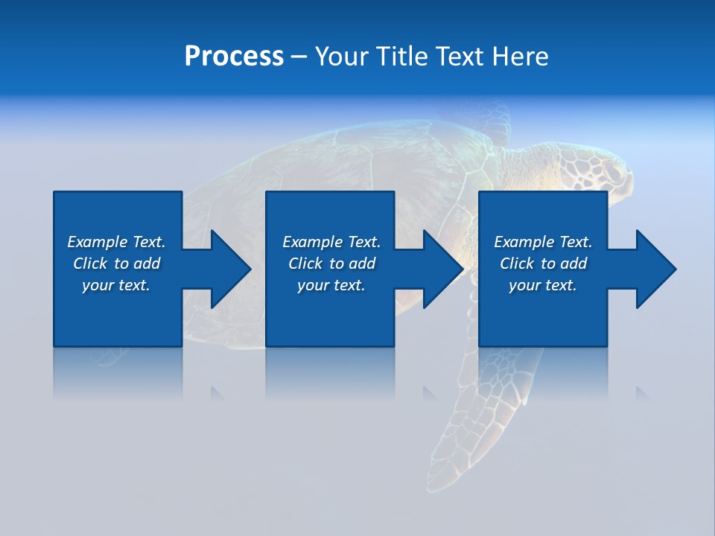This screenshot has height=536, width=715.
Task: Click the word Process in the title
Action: [x=234, y=57]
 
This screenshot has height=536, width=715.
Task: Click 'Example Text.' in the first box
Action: [x=116, y=242]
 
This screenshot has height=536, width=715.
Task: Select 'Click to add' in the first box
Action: [x=116, y=264]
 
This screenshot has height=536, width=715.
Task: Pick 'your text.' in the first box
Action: [x=116, y=285]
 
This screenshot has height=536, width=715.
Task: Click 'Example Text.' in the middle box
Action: [x=331, y=242]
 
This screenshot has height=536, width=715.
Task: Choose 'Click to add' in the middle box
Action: [x=331, y=264]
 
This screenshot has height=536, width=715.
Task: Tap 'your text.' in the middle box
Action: [x=331, y=285]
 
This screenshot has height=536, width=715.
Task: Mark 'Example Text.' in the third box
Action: [x=543, y=242]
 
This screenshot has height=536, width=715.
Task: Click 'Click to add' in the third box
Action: [x=543, y=264]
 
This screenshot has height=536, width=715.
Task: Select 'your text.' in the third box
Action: [x=543, y=285]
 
